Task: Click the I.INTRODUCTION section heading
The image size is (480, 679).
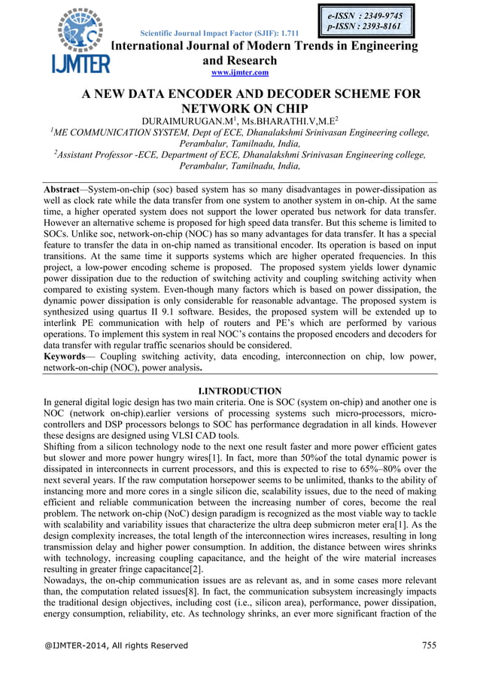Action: point(239,391)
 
